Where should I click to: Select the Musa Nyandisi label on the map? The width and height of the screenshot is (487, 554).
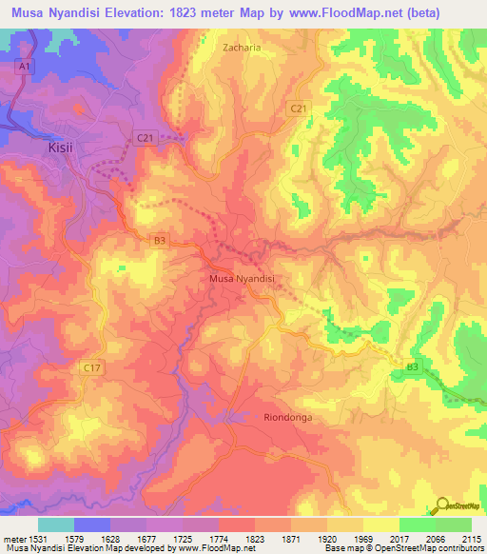pos(242,279)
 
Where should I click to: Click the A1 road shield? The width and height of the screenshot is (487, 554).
pos(24,67)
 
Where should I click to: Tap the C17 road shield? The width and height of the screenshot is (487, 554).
pos(91,367)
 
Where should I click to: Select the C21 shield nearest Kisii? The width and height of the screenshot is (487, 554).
pos(145,138)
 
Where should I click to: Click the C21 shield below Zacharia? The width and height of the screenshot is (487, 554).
pos(299,109)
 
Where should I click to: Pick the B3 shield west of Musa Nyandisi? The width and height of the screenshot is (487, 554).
pos(160,242)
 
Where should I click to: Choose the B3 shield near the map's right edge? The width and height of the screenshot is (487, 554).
pos(412,366)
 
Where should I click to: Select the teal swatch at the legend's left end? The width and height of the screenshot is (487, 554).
pos(55,524)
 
